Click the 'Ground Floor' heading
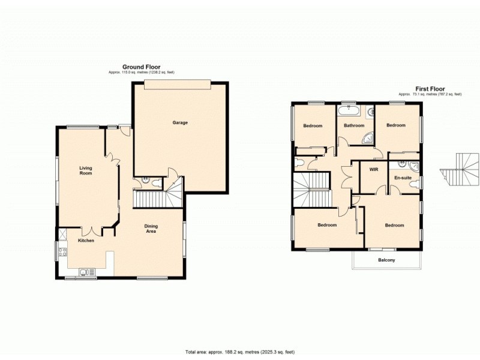tap(141, 67)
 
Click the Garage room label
tap(180, 122)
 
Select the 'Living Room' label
tap(86, 170)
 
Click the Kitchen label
tap(86, 241)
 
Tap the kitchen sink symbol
tap(88, 272)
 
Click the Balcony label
tap(386, 260)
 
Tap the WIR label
tap(373, 170)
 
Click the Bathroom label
tap(354, 126)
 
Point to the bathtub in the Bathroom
tap(349, 112)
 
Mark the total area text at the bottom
tap(239, 351)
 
